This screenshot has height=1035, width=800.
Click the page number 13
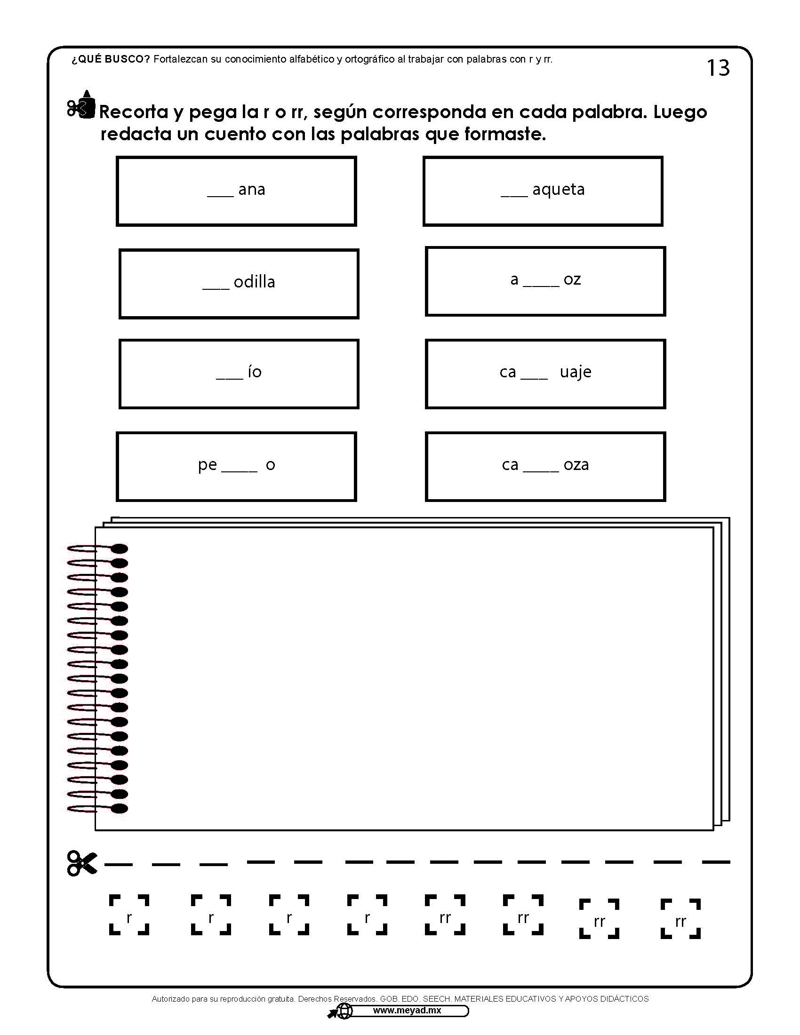coord(718,68)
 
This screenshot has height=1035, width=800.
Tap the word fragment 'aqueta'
coord(558,190)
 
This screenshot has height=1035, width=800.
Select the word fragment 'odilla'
coord(254,282)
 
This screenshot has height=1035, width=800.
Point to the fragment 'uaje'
coord(576,372)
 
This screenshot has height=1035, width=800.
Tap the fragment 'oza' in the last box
coord(576,465)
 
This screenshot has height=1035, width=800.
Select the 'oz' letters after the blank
coord(572,279)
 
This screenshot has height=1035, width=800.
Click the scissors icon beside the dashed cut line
coord(82,863)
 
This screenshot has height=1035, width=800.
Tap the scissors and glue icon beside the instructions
coord(81,105)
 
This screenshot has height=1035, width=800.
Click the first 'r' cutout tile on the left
coord(129,915)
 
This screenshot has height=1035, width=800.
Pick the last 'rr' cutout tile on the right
coord(680,919)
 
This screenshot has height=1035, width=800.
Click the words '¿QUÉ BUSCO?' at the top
coord(111,59)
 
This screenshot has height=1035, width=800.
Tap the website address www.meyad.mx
coord(407,1011)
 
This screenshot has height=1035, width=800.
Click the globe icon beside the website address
coord(344,1011)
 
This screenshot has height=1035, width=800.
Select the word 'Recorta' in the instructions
coord(134,112)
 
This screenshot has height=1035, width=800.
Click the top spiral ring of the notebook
coord(97,549)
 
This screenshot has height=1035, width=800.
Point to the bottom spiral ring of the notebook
coord(97,808)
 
